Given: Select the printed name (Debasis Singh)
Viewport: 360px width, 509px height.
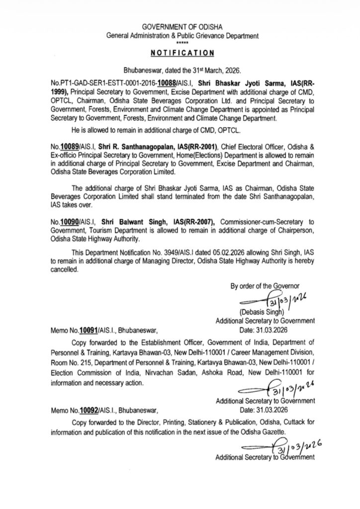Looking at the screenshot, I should tap(261, 312).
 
